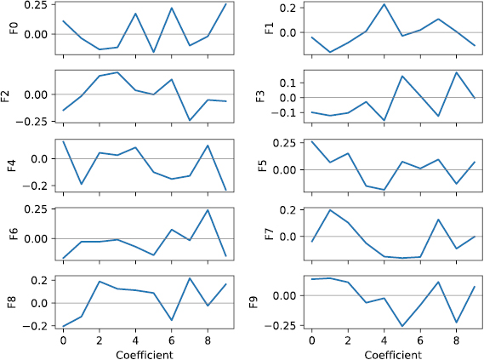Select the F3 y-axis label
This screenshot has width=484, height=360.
(x=261, y=96)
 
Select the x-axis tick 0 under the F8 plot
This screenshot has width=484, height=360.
(x=63, y=340)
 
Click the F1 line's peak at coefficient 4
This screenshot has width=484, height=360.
(x=384, y=4)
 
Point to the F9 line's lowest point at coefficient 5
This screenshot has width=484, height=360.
(x=401, y=326)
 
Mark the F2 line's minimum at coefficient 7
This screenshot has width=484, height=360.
(x=190, y=120)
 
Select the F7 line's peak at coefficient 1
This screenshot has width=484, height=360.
(x=329, y=209)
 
